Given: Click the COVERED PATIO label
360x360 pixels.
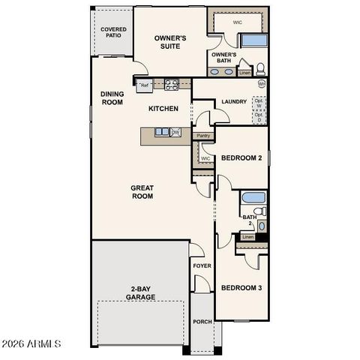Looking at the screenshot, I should pos(113,33).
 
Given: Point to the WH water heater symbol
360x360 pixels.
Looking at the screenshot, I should pos(262,84).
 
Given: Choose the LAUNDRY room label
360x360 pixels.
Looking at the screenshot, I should pos(234,102).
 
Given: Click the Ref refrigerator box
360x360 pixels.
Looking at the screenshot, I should pos(144,85).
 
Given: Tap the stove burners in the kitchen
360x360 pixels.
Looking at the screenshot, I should pos(170,85).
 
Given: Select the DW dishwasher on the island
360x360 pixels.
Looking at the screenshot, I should pos(175,133).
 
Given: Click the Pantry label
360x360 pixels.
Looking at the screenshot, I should pos(202,136).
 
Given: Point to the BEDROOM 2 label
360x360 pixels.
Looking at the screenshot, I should pos(240,158).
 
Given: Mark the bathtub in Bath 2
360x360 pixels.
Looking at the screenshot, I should pos(253,200).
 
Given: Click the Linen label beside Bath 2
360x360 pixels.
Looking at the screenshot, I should pos(247,237).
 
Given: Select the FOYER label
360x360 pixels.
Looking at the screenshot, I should pos(202,266).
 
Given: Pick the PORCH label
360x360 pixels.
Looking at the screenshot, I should pos(202,322).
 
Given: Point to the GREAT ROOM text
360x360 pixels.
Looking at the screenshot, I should pos(142,192).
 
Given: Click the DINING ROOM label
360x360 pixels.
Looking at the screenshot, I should pos(112,98).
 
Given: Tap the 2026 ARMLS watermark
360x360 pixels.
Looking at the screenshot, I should pos(31,343).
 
